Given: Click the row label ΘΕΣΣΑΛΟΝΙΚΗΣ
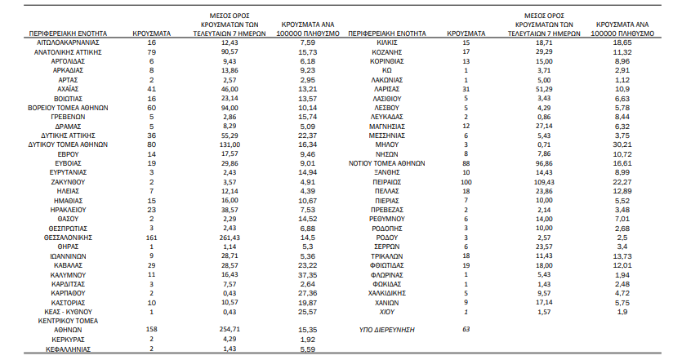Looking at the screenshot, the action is point(68,238).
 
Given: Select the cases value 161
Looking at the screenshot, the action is point(152,238).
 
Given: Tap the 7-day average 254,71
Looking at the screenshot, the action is point(230,330).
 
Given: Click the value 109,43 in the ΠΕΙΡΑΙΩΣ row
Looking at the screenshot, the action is point(544,182).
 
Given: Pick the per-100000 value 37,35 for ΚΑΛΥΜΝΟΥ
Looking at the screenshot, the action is point(307,275).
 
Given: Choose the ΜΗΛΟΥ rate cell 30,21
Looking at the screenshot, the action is point(622,145).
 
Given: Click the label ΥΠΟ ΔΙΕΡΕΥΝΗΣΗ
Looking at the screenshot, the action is point(386,330).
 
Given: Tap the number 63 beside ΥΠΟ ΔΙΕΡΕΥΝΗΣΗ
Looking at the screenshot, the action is point(466,330).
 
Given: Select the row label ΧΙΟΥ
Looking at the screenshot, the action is point(386,312).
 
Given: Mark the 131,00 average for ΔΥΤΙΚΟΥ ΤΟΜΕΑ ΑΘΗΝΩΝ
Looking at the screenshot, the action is point(230,145).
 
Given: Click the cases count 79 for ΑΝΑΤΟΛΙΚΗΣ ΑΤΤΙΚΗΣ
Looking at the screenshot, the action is point(152,52).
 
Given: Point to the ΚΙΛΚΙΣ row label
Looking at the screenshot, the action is point(386,43).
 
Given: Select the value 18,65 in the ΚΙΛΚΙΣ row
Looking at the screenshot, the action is point(622,43).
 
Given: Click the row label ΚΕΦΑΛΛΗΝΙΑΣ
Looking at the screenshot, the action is point(68,349).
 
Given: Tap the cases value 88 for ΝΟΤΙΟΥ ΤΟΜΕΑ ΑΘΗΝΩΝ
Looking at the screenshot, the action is point(466,163).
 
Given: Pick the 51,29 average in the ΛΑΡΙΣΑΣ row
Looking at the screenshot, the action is point(544,89).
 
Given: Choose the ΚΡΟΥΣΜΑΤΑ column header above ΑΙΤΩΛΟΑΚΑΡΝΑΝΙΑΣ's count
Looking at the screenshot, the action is point(152,33).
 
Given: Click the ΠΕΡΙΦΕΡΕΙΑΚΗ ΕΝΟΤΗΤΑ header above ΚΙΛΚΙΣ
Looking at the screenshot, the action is point(386,33).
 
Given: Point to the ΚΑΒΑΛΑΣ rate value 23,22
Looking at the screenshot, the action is point(307,265).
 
